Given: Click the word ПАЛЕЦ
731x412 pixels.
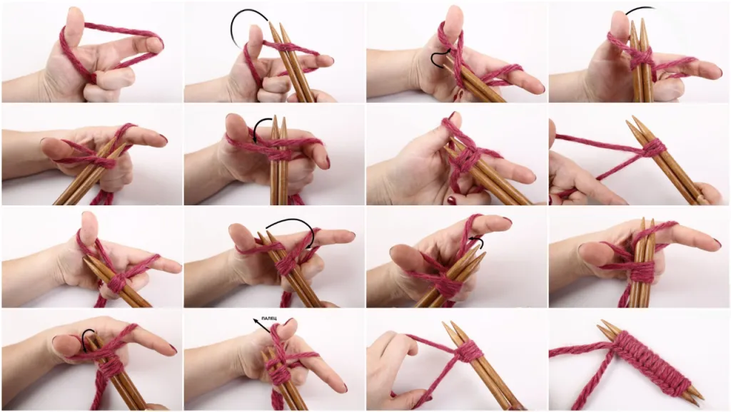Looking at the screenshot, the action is (269, 318).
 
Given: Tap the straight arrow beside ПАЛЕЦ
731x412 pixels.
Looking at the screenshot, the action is (261, 326).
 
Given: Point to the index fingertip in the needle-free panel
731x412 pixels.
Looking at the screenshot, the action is (154, 44).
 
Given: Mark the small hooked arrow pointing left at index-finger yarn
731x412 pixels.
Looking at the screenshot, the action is (476, 240).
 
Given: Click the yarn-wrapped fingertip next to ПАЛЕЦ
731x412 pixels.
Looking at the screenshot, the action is (286, 328).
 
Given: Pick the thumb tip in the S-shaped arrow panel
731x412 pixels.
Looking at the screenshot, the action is (453, 16).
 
